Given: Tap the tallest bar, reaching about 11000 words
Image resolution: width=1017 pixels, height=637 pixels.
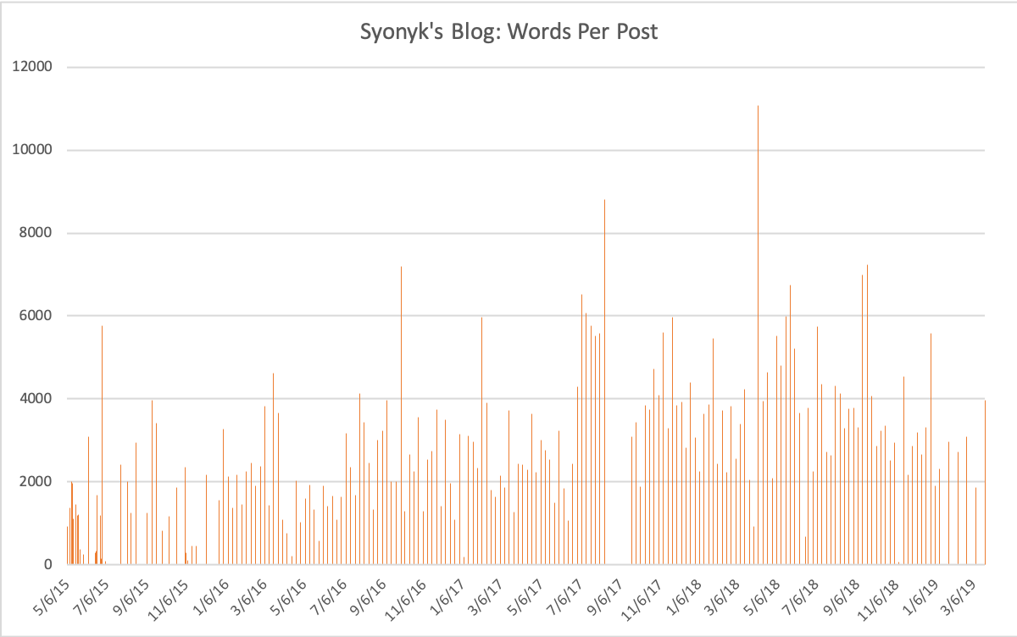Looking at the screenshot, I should coord(758,339).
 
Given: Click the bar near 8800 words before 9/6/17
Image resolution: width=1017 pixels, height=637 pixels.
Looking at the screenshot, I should coord(604,381).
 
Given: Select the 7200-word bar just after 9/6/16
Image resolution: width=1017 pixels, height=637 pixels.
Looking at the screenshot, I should coord(401,415).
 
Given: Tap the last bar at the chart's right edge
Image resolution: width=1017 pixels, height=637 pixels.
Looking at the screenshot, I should coord(985,483).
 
